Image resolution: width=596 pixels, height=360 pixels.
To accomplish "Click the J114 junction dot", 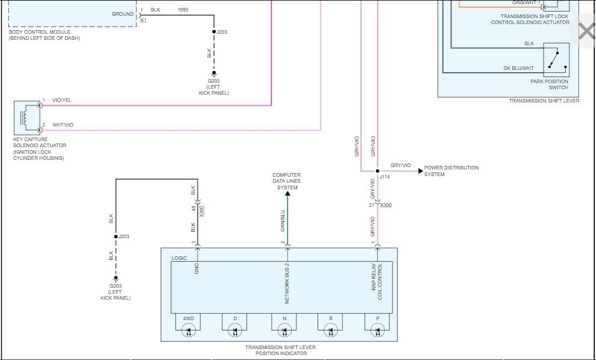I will pyautogui.click(x=377, y=171).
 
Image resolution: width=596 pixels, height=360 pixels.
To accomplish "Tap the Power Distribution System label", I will pyautogui.click(x=451, y=171).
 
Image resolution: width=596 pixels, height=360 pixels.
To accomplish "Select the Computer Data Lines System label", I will pyautogui.click(x=287, y=181).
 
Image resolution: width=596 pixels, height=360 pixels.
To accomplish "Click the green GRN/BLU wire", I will pyautogui.click(x=287, y=220).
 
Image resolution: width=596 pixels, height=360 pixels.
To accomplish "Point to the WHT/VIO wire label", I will pyautogui.click(x=63, y=125).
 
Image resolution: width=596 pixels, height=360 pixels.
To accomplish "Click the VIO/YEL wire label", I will pyautogui.click(x=61, y=100).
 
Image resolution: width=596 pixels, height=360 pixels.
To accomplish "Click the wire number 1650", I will pyautogui.click(x=183, y=10).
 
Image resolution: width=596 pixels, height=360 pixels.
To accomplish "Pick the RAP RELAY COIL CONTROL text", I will pyautogui.click(x=377, y=281).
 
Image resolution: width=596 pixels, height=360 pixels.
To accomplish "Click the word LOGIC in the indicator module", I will pyautogui.click(x=180, y=258).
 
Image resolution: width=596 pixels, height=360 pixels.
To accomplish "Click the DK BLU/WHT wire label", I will pyautogui.click(x=519, y=68).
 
